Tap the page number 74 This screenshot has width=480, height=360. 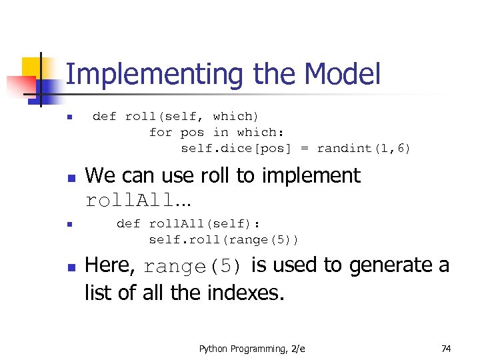[446, 349]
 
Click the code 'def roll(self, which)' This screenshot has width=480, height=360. [175, 116]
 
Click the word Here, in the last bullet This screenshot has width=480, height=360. [111, 265]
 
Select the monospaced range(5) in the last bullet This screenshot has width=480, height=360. [193, 267]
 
